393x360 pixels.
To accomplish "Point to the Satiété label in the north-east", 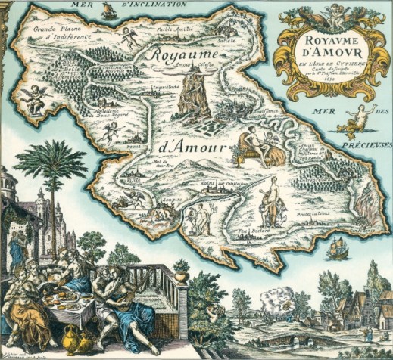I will (226, 40).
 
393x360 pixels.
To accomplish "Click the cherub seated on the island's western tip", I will (35, 95).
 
